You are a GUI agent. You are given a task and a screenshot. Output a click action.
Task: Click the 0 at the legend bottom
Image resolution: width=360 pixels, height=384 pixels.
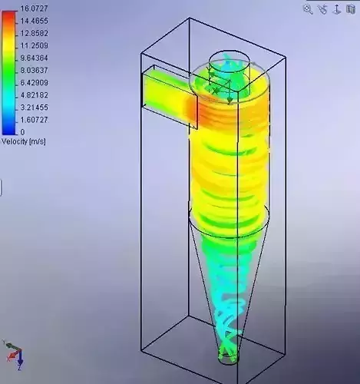point(22,132)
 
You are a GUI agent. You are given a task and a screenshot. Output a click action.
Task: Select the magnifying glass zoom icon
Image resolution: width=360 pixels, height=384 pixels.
point(308,9)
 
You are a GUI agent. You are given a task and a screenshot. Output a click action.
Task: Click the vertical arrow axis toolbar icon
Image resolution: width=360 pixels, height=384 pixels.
point(323,9)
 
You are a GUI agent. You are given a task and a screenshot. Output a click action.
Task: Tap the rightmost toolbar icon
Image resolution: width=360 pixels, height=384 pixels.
point(352,9)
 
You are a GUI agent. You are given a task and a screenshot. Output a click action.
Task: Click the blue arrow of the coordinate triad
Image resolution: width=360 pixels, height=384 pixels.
point(19,359)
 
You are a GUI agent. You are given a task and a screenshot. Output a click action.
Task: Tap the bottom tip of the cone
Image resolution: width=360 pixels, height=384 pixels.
point(227,356)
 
